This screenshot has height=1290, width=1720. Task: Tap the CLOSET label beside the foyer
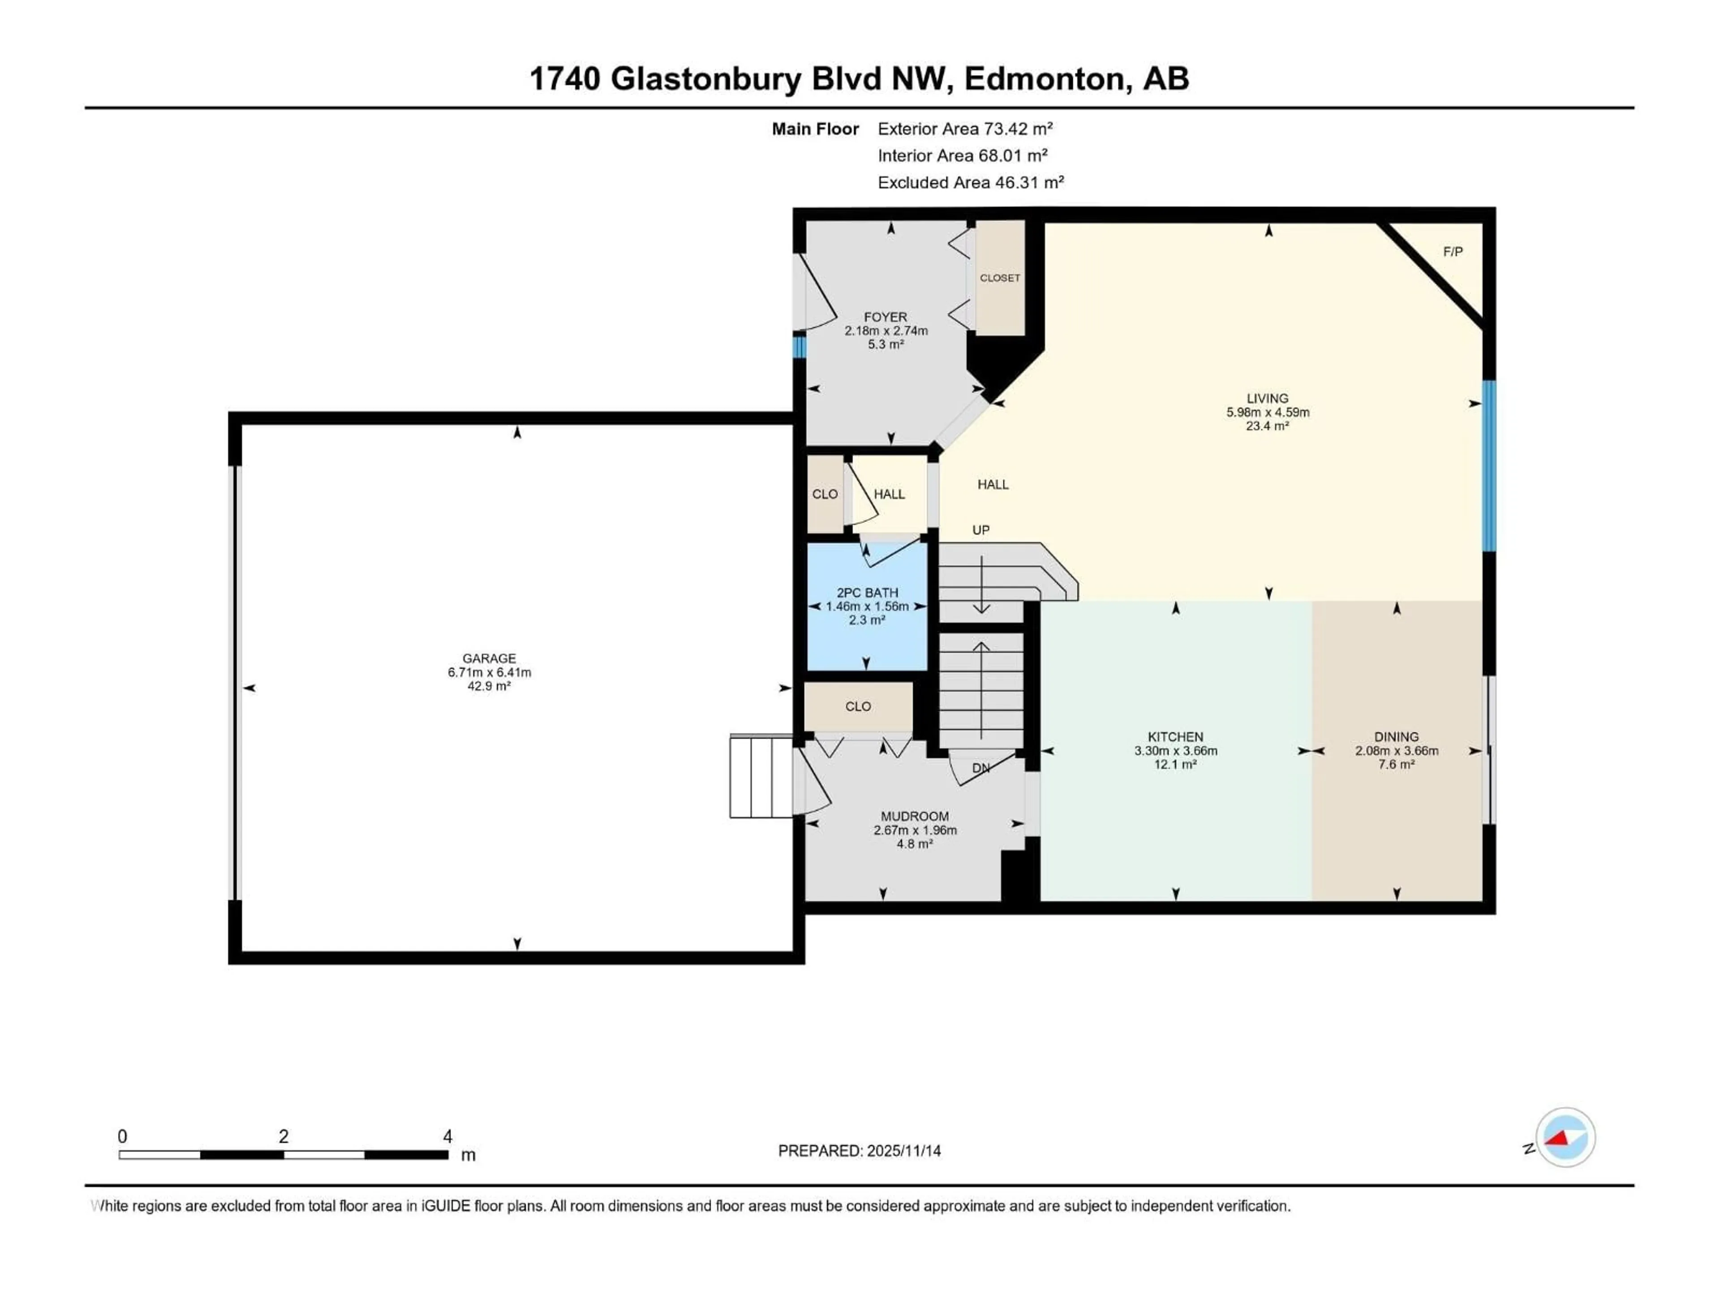tap(999, 278)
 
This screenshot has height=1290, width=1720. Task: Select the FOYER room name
tap(885, 317)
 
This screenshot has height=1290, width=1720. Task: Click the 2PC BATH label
tap(867, 593)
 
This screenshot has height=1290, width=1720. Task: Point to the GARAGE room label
tap(489, 658)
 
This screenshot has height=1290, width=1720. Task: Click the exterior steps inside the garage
tap(761, 776)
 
